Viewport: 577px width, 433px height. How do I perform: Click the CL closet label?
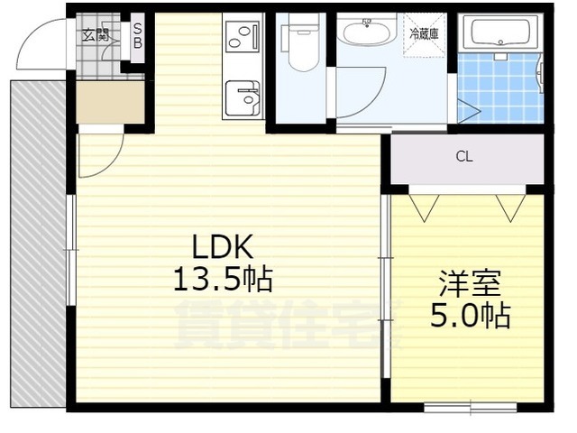pyautogui.click(x=463, y=157)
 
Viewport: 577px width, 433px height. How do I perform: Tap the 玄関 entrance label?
pyautogui.click(x=96, y=36)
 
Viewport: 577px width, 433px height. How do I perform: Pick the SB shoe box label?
pyautogui.click(x=138, y=36)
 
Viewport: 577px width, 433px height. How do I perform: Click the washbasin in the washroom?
pyautogui.click(x=367, y=35)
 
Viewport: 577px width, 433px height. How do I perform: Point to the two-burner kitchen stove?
pyautogui.click(x=241, y=37)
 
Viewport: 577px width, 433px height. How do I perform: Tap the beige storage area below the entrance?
pyautogui.click(x=110, y=102)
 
